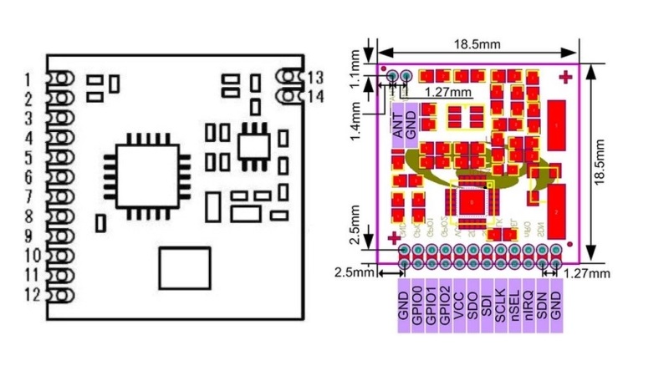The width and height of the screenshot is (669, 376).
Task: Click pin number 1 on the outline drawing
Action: coord(28,79)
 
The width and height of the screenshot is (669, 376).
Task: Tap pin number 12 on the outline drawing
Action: coord(31,294)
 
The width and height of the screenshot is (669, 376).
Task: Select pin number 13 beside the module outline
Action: coord(315,77)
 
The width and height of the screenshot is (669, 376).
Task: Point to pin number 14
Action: coord(315,96)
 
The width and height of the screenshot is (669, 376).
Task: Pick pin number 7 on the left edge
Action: coord(28,196)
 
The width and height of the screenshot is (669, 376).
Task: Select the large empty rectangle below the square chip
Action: coord(186,268)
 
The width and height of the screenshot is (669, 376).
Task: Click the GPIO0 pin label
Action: coord(417,305)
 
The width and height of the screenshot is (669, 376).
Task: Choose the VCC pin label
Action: coord(459,305)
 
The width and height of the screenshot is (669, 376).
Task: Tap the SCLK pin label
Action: coord(500,305)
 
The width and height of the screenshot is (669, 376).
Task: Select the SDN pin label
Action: coord(541,305)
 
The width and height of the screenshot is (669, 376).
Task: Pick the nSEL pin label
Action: coord(513,305)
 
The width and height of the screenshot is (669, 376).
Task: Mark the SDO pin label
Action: coord(472,305)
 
